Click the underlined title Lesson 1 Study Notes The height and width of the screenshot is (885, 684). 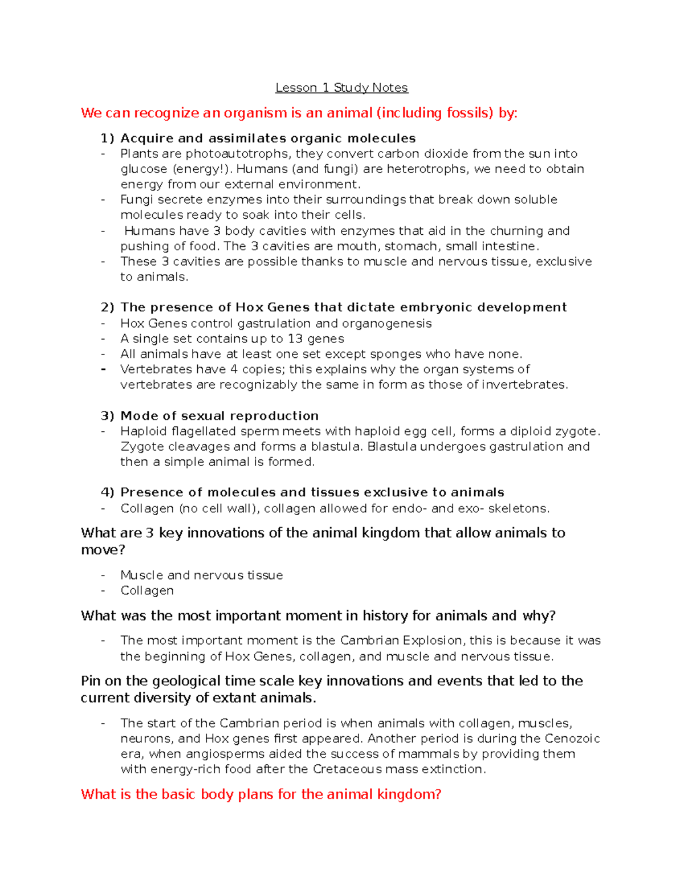341,88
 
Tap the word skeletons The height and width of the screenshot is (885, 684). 519,508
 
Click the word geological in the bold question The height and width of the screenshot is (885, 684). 187,681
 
